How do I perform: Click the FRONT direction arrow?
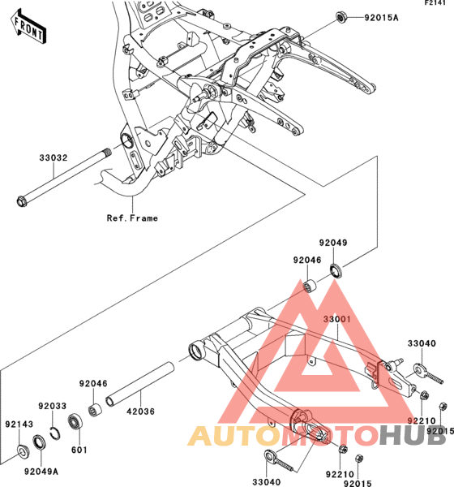pos(28,27)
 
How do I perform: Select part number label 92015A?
pos(381,18)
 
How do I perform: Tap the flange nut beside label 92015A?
pos(341,17)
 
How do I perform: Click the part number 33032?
pos(54,157)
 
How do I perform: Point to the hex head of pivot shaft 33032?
pos(22,201)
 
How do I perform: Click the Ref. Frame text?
pos(132,218)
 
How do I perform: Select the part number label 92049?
pos(333,243)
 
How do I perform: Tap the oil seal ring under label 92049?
pos(336,270)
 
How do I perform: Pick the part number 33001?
pos(337,319)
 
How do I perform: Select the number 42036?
pos(140,412)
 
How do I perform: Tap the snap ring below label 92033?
pos(54,433)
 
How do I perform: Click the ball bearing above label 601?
pos(75,421)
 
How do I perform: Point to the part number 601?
pos(79,450)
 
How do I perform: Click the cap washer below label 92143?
pos(22,451)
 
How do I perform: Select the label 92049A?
pos(41,472)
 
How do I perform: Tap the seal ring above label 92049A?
pos(40,442)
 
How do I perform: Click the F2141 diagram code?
pos(435,2)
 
